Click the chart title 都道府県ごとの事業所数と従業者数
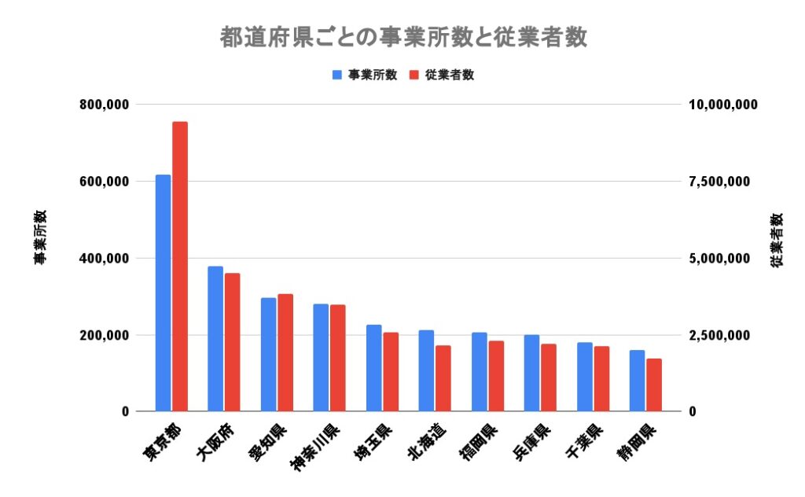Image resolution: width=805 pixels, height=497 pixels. pyautogui.click(x=403, y=37)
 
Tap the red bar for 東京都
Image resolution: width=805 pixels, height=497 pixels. pyautogui.click(x=180, y=267)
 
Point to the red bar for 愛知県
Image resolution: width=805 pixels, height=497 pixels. pyautogui.click(x=285, y=353)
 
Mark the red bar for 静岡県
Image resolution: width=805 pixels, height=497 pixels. pyautogui.click(x=654, y=385)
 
